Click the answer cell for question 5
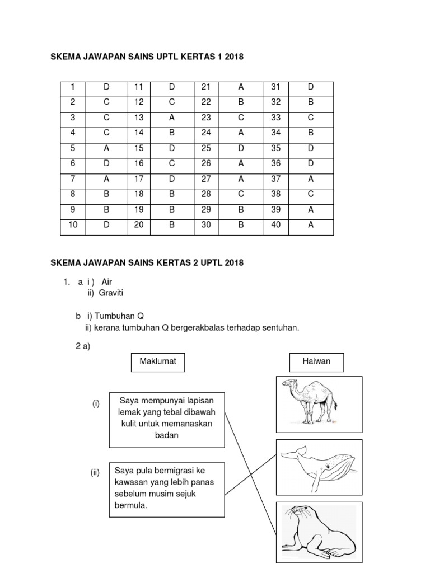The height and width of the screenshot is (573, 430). pos(106,148)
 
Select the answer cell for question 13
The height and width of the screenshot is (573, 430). pos(172,118)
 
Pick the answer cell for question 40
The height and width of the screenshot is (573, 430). pos(310,226)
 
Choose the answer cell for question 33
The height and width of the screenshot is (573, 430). pos(310,118)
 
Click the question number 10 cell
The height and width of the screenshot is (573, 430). pos(72,226)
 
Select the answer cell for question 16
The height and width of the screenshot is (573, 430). pos(172,164)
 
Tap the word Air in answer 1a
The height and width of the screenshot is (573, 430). pos(107,282)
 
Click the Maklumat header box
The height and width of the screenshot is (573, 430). pos(158,361)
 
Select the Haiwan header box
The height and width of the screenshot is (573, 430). pos(316,361)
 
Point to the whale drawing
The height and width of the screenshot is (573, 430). pos(317,466)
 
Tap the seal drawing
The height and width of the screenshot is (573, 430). pos(317,533)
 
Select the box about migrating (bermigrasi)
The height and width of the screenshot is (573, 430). pos(166,489)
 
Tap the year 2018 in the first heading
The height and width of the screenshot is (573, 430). pos(235,57)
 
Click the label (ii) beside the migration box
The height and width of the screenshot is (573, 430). pos(95,472)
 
